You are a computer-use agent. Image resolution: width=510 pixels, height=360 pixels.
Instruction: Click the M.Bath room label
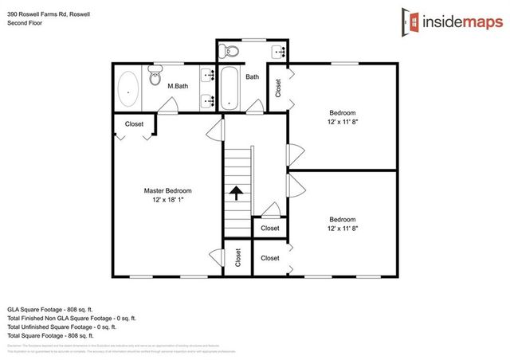[177, 86]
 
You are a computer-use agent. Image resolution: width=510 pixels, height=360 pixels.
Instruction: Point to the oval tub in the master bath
[127, 91]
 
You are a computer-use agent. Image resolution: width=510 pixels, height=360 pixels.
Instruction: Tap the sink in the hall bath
[280, 53]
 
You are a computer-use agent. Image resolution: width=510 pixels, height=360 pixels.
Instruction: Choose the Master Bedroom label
[167, 191]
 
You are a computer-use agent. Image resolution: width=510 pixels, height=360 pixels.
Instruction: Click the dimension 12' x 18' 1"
[167, 201]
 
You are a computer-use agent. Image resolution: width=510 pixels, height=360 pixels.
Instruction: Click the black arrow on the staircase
[236, 192]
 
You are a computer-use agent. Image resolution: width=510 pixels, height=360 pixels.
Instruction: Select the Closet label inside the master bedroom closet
[134, 123]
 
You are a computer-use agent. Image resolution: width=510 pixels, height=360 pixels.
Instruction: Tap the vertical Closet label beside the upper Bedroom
[278, 87]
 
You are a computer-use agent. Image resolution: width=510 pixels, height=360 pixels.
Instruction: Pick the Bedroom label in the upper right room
[342, 113]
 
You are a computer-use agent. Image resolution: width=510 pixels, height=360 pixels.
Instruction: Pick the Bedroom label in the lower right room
[342, 219]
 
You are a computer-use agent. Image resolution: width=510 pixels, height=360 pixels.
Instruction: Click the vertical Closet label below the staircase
[237, 257]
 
